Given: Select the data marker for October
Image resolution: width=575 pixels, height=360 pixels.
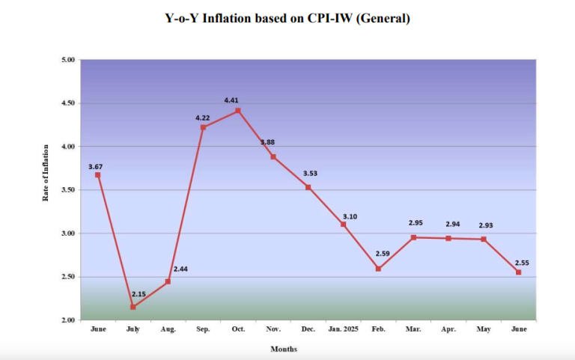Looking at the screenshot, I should [238, 111].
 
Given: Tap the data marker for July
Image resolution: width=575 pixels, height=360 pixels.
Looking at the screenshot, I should [133, 307].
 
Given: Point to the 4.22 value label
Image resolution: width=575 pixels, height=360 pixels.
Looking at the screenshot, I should [202, 118].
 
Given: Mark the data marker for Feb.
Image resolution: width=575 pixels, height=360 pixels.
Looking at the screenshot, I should [379, 269].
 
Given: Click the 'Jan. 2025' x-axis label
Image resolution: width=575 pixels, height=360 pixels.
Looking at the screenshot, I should [343, 329].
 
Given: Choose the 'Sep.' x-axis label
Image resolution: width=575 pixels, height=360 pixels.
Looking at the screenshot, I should [203, 329].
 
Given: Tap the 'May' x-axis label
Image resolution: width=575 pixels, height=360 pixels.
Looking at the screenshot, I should [484, 329].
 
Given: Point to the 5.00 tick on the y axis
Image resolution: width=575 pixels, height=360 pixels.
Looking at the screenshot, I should [67, 60].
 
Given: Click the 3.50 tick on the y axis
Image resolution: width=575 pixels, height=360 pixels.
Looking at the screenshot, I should [67, 190].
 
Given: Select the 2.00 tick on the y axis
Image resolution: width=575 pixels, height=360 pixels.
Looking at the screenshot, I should [67, 320].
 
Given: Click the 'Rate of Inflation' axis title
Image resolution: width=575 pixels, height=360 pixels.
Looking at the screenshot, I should [46, 172].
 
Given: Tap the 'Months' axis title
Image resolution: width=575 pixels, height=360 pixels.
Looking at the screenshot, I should [284, 349].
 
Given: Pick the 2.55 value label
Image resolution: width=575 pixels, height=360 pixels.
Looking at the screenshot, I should [518, 263].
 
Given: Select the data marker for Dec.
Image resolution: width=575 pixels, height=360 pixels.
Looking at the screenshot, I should [308, 187].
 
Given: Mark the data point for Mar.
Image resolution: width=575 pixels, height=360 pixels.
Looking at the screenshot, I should [413, 237].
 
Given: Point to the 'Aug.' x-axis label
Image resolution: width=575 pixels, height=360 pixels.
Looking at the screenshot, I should [168, 329].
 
